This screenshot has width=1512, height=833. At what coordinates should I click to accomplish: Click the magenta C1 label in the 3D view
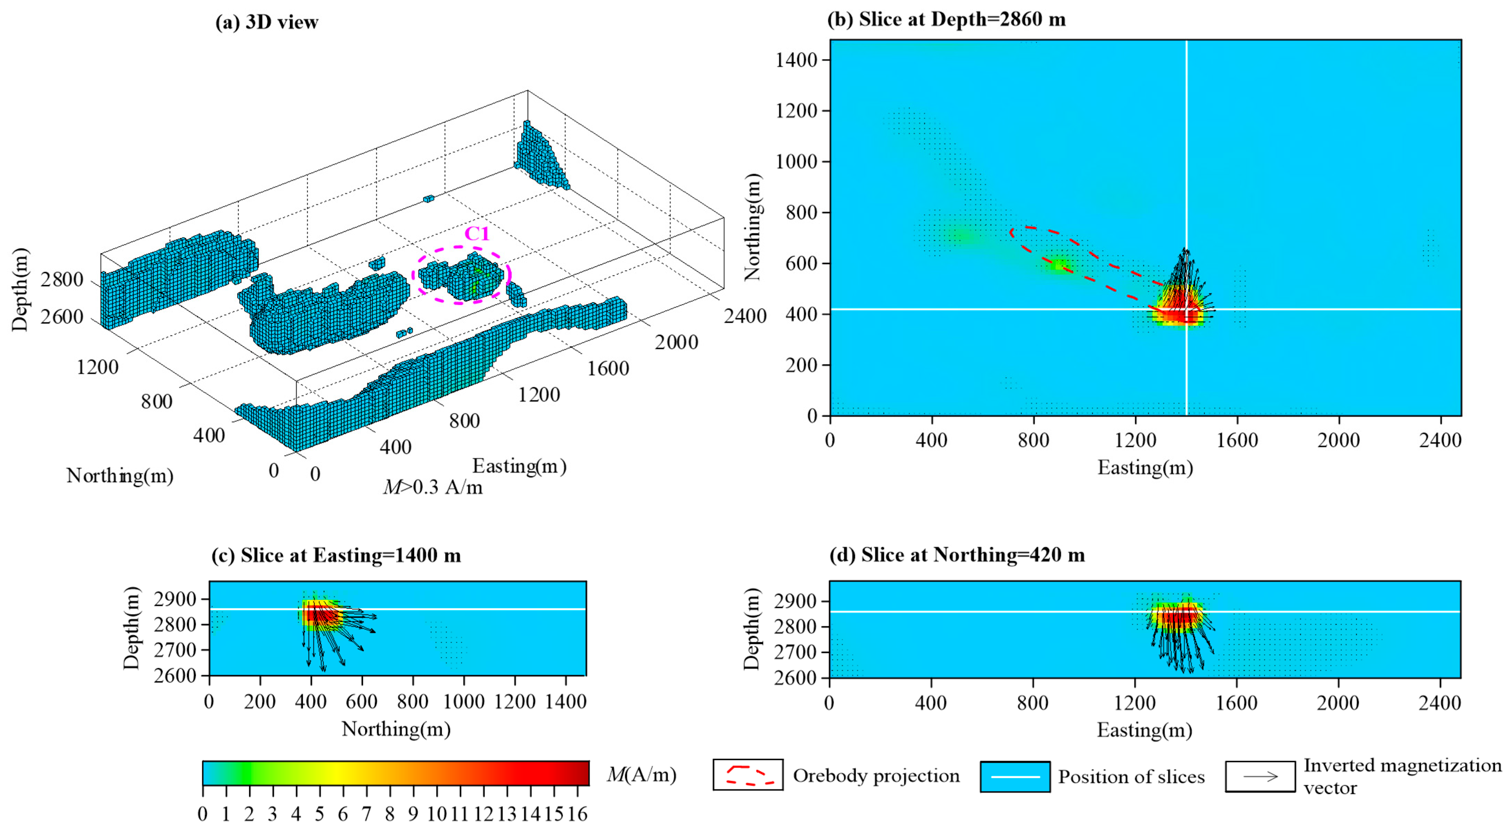click(477, 233)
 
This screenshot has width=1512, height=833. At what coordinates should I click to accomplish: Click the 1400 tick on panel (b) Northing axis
click(797, 60)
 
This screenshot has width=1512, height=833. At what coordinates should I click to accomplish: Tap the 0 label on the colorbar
click(202, 814)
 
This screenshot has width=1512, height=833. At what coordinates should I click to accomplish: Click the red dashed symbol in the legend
click(748, 775)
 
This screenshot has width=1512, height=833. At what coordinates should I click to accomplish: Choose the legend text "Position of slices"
click(1131, 777)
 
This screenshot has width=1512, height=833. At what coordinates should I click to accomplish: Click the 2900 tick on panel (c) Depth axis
click(175, 599)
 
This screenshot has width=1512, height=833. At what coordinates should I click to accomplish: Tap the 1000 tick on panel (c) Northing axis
click(464, 702)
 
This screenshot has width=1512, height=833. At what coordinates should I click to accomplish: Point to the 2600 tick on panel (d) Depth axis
click(795, 678)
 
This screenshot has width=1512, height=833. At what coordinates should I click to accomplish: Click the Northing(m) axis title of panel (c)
click(396, 729)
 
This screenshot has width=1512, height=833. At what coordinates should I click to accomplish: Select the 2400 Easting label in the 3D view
click(745, 316)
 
